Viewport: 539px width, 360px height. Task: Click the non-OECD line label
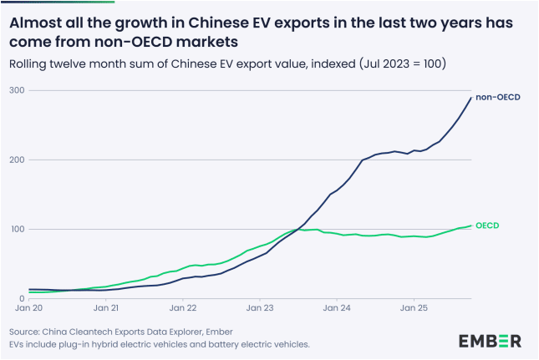coord(498,98)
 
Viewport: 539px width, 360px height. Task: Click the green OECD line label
coord(488,226)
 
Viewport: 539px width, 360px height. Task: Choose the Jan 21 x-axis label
coord(105,309)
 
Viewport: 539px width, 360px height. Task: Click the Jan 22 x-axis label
coord(183,309)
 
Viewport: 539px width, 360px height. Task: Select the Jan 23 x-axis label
coord(260,309)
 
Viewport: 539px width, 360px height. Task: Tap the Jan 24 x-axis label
coord(337,309)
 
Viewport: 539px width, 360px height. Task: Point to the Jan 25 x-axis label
coord(414,309)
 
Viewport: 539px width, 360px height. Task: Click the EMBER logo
coord(490,340)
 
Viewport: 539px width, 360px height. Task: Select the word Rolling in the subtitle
coord(30,63)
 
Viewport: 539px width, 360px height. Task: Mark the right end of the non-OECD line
coord(471,99)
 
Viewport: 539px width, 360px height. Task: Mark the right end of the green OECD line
coord(471,226)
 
